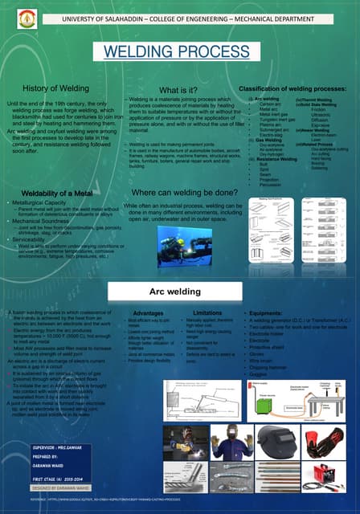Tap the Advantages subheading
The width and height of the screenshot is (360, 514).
pos(148,312)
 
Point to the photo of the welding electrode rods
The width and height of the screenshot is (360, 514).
pos(186,484)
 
